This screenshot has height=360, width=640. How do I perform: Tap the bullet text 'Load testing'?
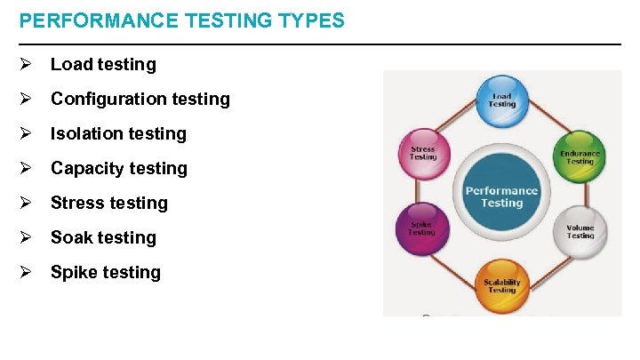pyautogui.click(x=103, y=64)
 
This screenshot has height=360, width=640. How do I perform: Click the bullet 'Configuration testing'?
pyautogui.click(x=140, y=99)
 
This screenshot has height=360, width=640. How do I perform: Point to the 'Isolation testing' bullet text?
pyautogui.click(x=118, y=133)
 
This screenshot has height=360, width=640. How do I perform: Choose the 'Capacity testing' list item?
pyautogui.click(x=119, y=168)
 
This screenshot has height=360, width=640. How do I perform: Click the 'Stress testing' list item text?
pyautogui.click(x=109, y=203)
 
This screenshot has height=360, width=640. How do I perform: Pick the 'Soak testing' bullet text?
pyautogui.click(x=103, y=237)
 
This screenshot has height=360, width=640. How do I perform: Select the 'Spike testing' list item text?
pyautogui.click(x=106, y=272)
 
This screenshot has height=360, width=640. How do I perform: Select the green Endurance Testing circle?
pyautogui.click(x=580, y=156)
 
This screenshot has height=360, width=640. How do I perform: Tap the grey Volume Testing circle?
pyautogui.click(x=580, y=230)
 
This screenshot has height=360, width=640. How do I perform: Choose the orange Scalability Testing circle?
pyautogui.click(x=502, y=284)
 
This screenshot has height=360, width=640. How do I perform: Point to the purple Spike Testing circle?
pyautogui.click(x=422, y=230)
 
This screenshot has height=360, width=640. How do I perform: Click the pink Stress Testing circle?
pyautogui.click(x=424, y=154)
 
